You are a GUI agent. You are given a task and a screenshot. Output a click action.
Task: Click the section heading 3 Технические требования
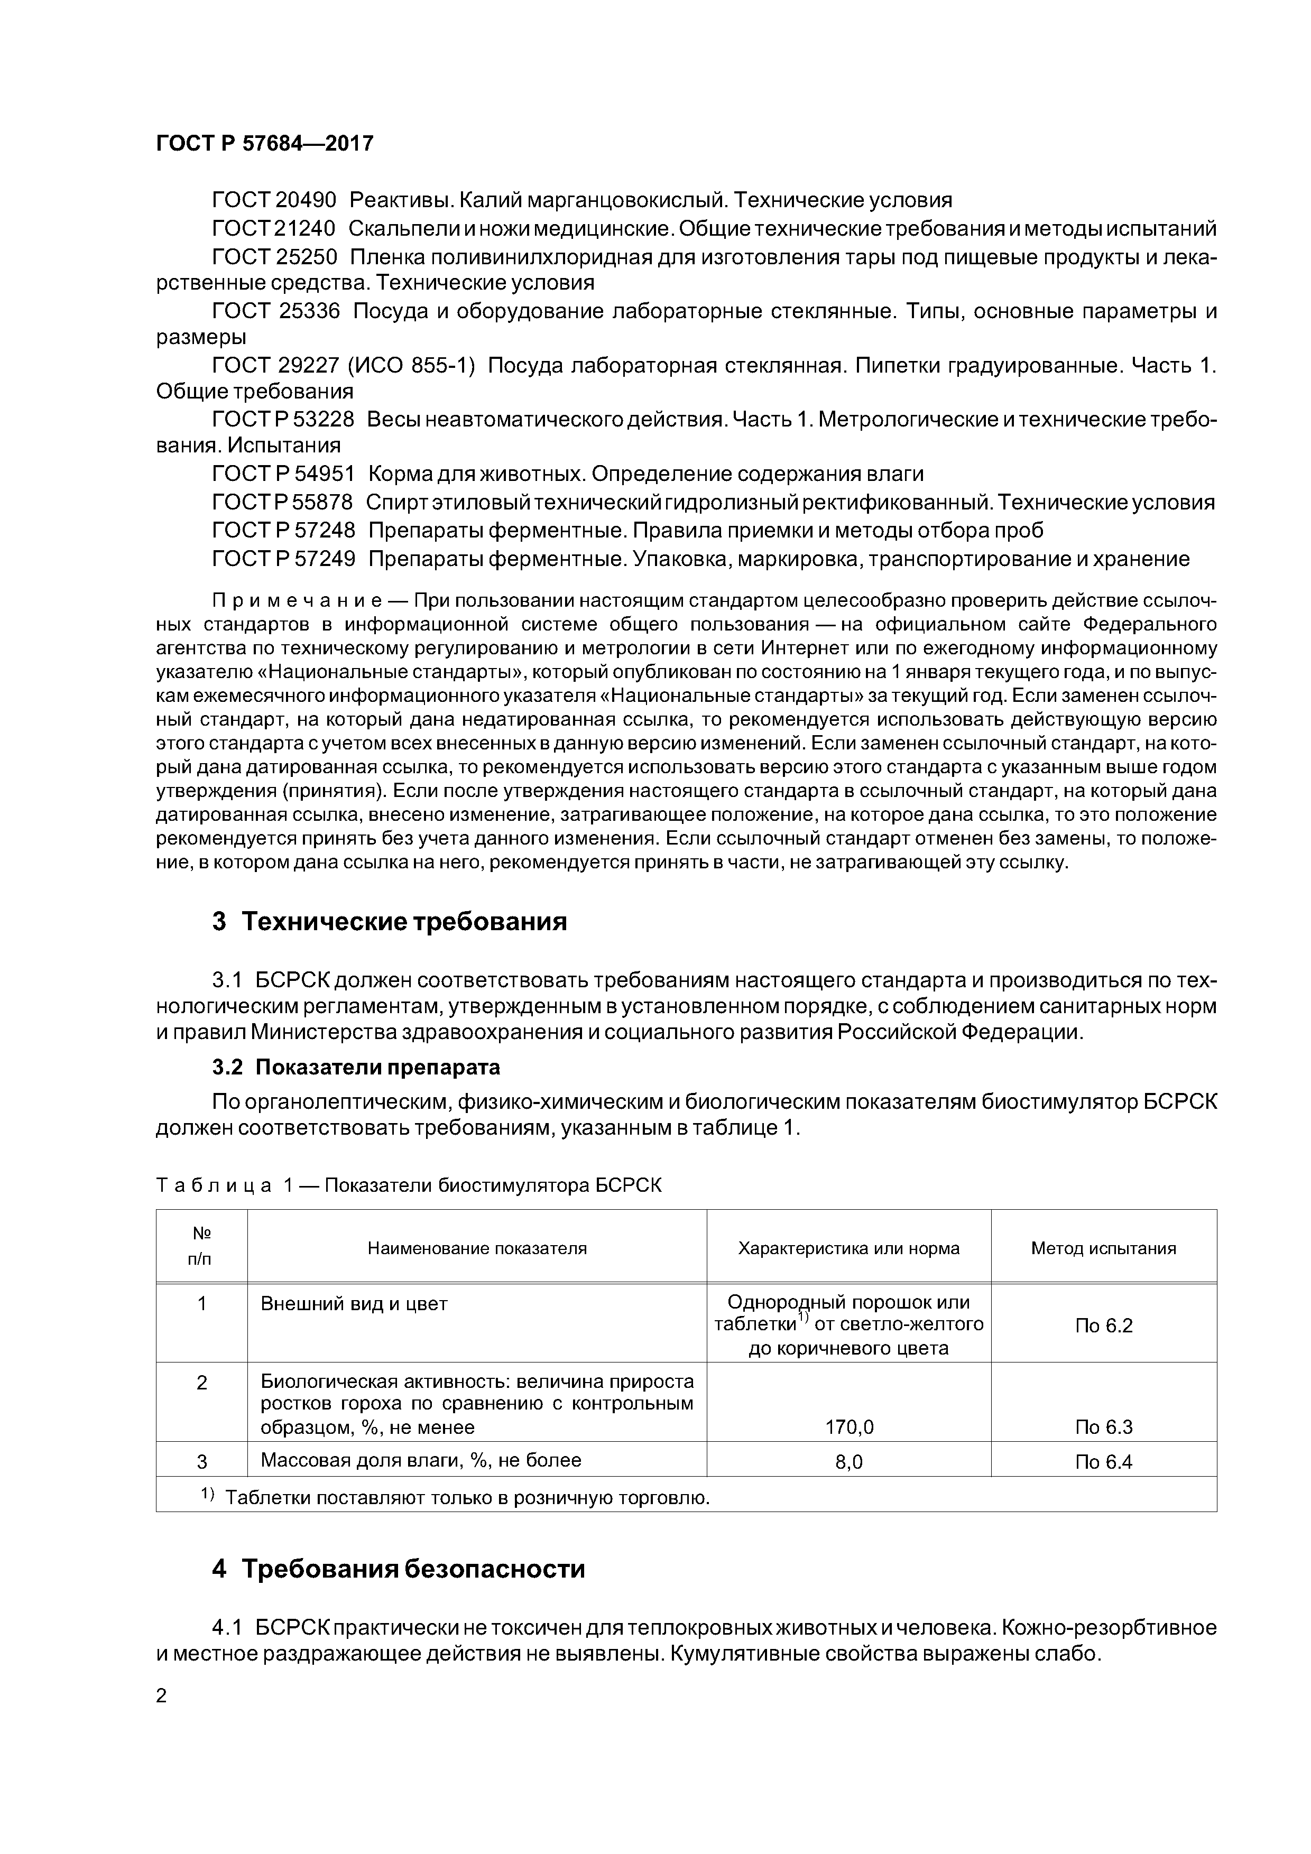(x=390, y=921)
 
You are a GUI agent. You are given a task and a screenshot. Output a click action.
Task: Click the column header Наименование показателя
(x=477, y=1248)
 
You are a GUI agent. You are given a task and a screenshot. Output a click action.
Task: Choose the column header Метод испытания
(x=1103, y=1248)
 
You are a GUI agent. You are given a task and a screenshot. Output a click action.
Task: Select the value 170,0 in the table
(x=849, y=1427)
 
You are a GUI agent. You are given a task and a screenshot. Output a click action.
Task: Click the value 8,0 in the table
(x=849, y=1461)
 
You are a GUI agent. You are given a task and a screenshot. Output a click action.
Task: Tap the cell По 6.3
(x=1103, y=1427)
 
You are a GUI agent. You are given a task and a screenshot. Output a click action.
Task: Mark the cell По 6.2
(x=1103, y=1325)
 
